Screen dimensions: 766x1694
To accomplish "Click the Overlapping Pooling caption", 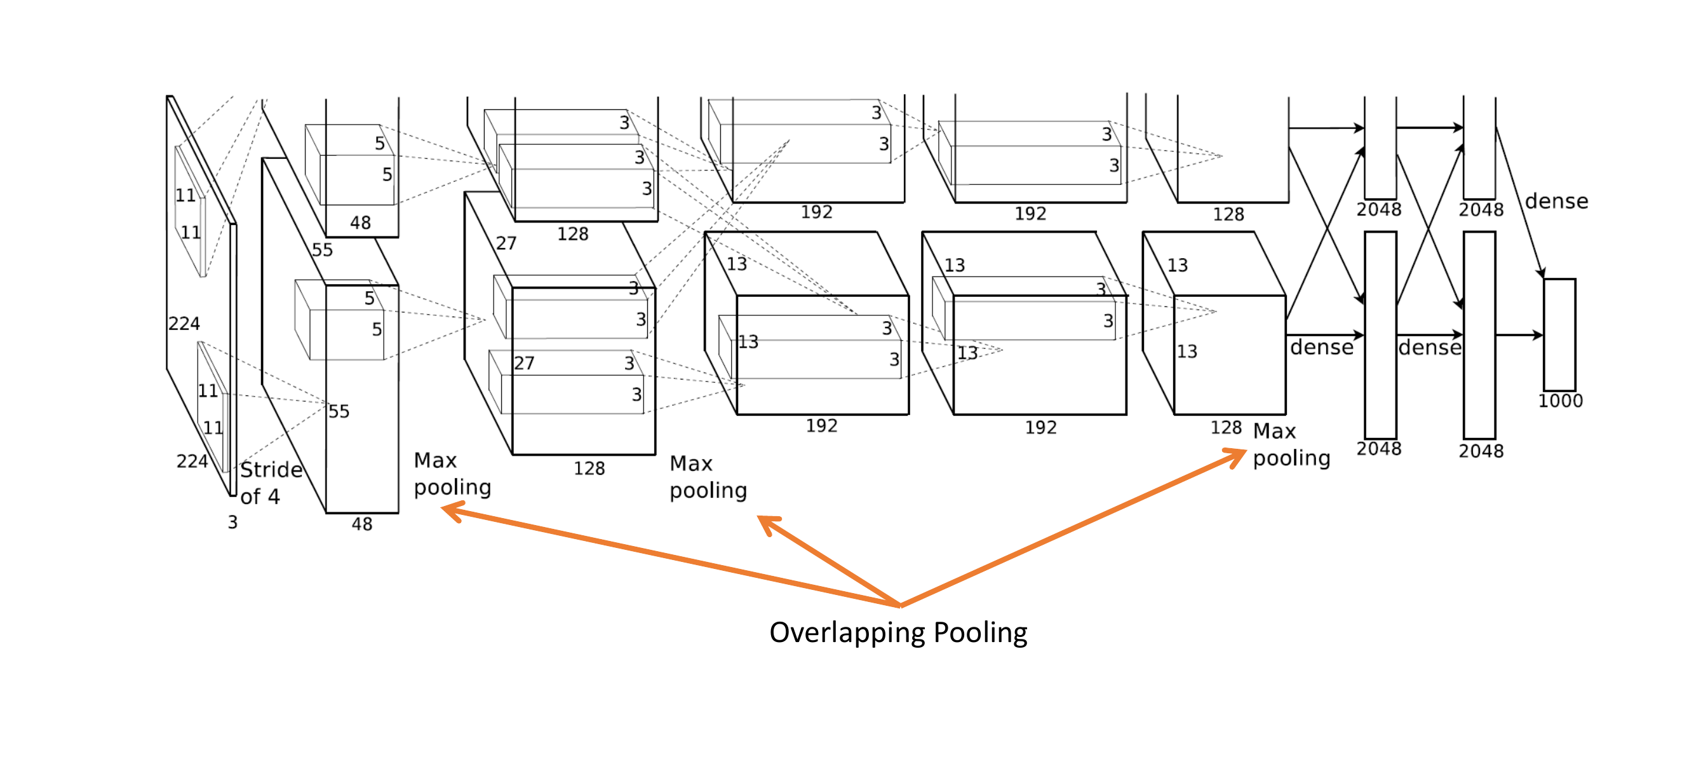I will coord(898,633).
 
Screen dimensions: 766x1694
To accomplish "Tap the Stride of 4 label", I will coord(271,482).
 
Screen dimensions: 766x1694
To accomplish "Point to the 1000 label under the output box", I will coord(1560,400).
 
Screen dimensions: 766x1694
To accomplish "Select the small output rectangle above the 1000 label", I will coord(1559,334).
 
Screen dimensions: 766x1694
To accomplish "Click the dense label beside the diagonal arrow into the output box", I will coord(1556,202).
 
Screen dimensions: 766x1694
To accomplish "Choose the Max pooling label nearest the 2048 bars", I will coord(1291,444).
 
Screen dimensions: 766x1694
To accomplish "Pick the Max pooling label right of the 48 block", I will coord(452,474).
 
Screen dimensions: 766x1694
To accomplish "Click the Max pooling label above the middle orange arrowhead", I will coord(708,477).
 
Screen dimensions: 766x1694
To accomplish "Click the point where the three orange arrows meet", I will coord(899,605).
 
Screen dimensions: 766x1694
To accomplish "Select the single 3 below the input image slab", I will coord(232,523).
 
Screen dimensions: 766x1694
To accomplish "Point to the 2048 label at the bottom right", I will coord(1481,451).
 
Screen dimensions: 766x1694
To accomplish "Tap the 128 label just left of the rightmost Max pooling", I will coord(1226,428).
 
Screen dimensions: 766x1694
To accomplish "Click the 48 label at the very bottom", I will coord(361,524).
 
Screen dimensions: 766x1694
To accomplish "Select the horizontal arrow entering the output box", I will coord(1519,335).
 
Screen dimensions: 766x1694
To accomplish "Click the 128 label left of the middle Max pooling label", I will coord(589,468).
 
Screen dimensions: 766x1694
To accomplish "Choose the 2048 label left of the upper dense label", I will coord(1481,210).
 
